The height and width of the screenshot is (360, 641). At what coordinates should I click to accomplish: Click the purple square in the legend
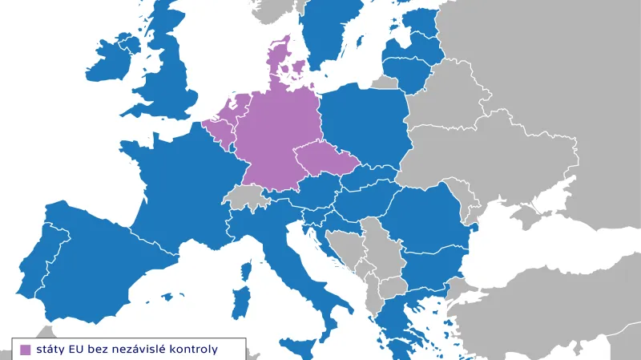click(25, 349)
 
